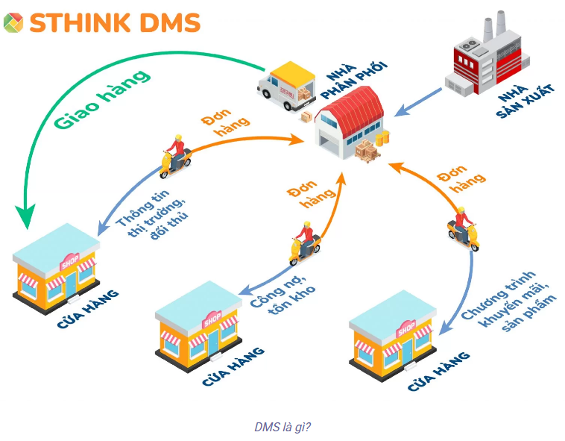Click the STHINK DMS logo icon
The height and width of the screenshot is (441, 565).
click(13, 22)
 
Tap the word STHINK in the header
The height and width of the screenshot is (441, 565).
click(80, 22)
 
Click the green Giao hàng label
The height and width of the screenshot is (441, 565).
click(102, 99)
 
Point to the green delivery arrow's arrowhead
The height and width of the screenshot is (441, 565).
click(25, 216)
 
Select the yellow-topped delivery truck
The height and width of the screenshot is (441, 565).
click(287, 86)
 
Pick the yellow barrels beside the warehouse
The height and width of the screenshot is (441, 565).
click(382, 139)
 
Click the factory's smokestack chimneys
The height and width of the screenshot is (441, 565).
click(495, 25)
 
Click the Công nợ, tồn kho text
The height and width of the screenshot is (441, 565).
click(283, 295)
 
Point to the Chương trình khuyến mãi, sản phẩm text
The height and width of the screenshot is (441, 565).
click(509, 301)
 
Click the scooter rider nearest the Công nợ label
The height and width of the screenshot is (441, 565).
click(305, 243)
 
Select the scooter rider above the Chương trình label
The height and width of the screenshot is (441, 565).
click(464, 228)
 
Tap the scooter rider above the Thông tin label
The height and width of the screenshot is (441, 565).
click(175, 157)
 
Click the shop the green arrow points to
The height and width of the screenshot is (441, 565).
click(56, 269)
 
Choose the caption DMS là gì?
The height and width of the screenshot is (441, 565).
click(282, 428)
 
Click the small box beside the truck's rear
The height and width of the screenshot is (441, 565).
click(306, 116)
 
